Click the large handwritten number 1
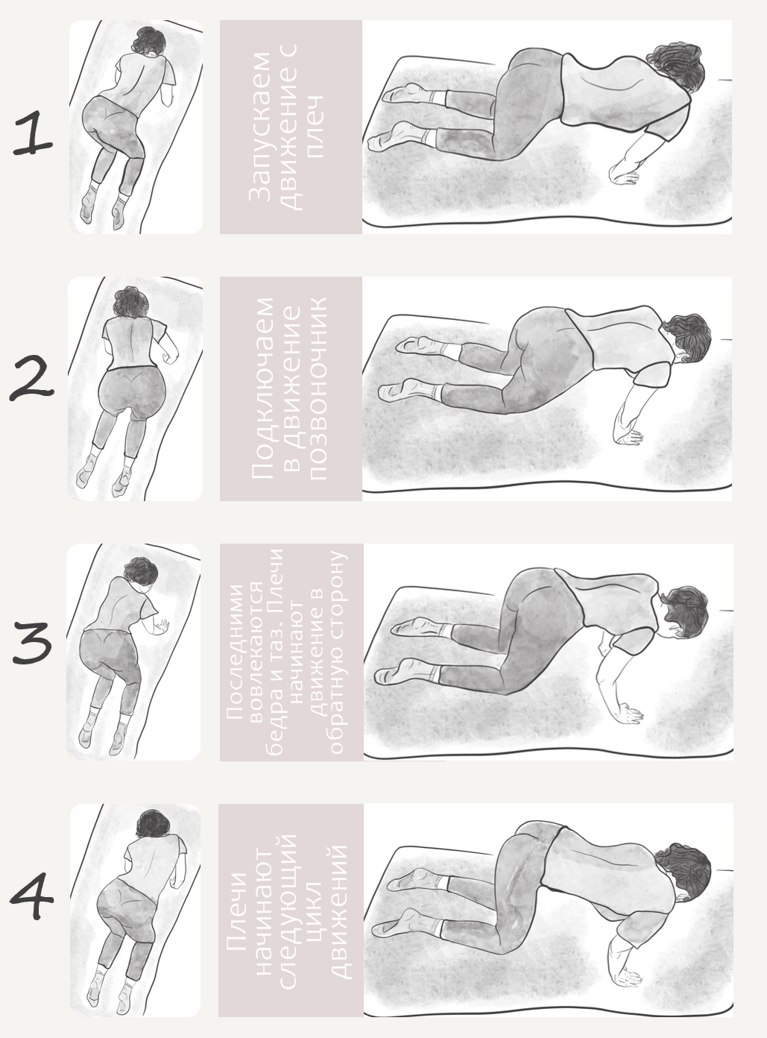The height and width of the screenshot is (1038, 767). coord(33,133)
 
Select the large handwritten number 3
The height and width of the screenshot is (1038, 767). coord(32,643)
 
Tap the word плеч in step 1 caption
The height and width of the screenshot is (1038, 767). coord(315,126)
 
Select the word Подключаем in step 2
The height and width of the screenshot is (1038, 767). coord(263,389)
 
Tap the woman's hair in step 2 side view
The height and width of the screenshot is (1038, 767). coord(688,338)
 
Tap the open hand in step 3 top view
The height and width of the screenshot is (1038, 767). coord(162,626)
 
